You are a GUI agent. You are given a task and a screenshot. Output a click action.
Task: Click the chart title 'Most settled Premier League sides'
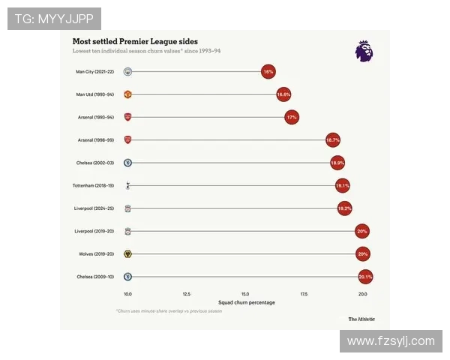pos(135,41)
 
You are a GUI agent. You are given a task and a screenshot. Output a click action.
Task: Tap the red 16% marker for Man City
pos(268,72)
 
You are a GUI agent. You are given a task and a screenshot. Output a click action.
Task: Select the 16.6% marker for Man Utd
pos(283,94)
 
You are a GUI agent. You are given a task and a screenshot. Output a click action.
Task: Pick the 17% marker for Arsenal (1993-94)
pos(292,118)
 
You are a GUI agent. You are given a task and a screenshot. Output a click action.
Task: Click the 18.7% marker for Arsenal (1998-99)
pos(333,140)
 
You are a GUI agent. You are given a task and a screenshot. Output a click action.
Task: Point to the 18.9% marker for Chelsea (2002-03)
pos(337,163)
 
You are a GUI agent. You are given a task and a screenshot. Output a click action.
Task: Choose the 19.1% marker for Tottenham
pos(342,185)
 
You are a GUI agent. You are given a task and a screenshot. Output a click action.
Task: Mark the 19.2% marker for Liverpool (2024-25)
pos(344,208)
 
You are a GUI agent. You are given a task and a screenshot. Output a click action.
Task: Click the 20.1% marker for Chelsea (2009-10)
pos(365,277)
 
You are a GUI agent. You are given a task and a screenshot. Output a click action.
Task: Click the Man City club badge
pos(128,72)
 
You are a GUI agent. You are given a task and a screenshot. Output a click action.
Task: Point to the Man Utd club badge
pos(128,94)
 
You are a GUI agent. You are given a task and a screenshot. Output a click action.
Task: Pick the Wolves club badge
pos(128,253)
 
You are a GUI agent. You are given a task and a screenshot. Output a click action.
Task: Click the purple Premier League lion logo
pos(364,51)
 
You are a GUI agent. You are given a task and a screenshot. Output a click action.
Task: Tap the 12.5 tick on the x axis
pos(186,294)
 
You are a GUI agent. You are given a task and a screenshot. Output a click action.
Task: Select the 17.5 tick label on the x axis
pos(304,294)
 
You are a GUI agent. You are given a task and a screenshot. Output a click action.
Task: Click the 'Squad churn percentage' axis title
pos(246,303)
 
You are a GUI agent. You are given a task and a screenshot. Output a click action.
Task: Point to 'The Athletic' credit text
pos(362,319)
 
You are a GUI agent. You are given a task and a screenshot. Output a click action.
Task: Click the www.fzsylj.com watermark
pos(391,341)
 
